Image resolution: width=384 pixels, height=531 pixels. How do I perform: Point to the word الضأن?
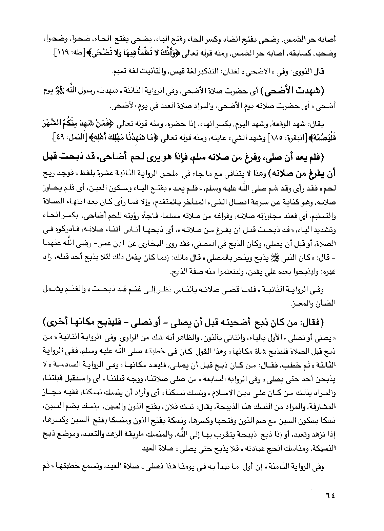(x=327, y=303)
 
